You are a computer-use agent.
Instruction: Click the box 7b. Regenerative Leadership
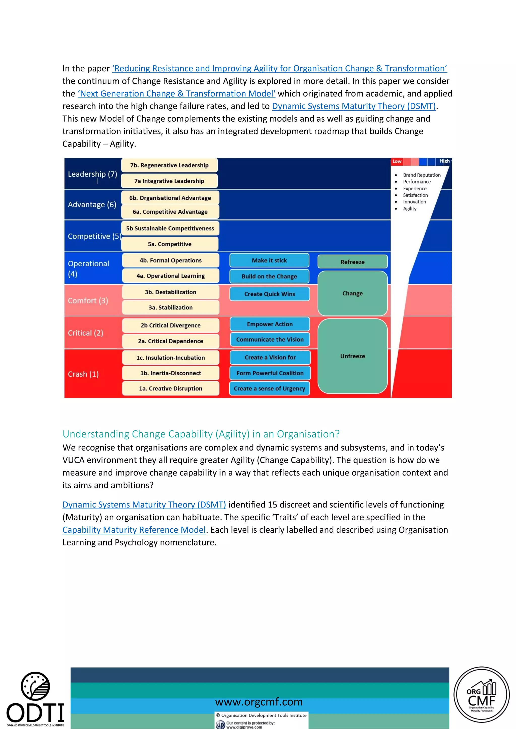169,165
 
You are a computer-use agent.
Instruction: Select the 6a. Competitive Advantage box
170,212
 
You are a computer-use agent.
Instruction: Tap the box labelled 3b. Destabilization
171,292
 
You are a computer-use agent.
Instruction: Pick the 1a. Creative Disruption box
171,388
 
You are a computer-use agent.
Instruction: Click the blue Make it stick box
269,260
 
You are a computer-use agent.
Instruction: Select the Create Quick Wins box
269,294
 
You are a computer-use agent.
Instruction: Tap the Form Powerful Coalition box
270,373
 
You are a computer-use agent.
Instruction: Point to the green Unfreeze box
352,356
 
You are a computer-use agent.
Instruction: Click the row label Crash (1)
83,374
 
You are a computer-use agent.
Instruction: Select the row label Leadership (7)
92,174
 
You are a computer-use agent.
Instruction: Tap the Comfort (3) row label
88,300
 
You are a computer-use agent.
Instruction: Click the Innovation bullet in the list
414,202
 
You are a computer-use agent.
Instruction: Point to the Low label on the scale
397,161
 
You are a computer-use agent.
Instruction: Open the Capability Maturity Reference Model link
134,530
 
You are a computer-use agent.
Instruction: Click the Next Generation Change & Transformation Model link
176,94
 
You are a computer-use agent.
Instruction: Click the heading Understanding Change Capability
201,434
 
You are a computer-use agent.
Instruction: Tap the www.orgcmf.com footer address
259,702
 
